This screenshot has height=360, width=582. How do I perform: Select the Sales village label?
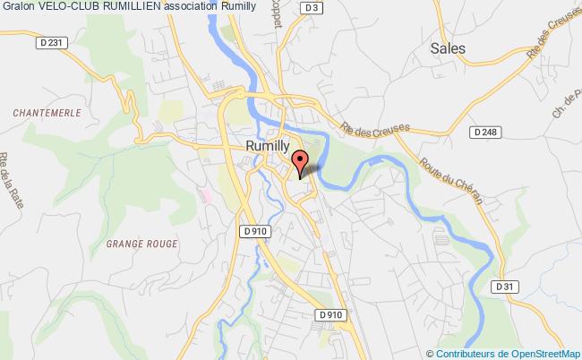pyautogui.click(x=447, y=48)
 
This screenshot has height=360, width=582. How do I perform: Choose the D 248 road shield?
pyautogui.click(x=484, y=132)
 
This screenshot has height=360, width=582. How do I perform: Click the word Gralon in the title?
pyautogui.click(x=18, y=7)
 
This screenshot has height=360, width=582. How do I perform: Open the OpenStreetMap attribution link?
pyautogui.click(x=538, y=353)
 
